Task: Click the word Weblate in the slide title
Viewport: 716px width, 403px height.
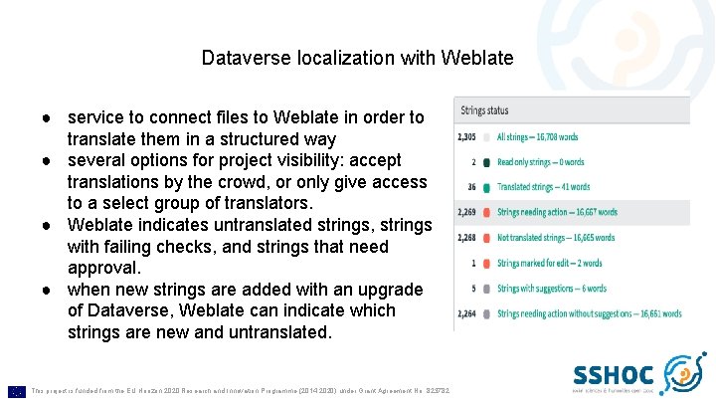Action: tap(480, 59)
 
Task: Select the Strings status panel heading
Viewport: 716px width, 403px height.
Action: tap(485, 109)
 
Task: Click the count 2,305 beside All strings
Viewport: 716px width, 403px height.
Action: tap(464, 136)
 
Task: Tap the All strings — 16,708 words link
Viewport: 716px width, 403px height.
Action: tap(544, 136)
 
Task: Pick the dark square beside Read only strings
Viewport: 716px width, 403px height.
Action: tap(485, 161)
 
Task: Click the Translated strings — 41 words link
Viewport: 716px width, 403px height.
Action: tap(543, 186)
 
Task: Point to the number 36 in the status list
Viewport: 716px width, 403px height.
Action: tap(471, 186)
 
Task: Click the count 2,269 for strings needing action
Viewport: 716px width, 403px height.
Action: tap(464, 212)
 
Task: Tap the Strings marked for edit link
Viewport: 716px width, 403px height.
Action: tap(549, 263)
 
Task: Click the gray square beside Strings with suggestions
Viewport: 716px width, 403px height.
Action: tap(485, 289)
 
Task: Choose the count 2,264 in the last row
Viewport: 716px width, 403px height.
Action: tap(464, 313)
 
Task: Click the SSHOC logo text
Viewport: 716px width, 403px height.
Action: tap(614, 374)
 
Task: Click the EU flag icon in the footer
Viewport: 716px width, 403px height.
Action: tap(16, 391)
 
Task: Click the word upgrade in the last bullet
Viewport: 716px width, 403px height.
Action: tap(390, 290)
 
